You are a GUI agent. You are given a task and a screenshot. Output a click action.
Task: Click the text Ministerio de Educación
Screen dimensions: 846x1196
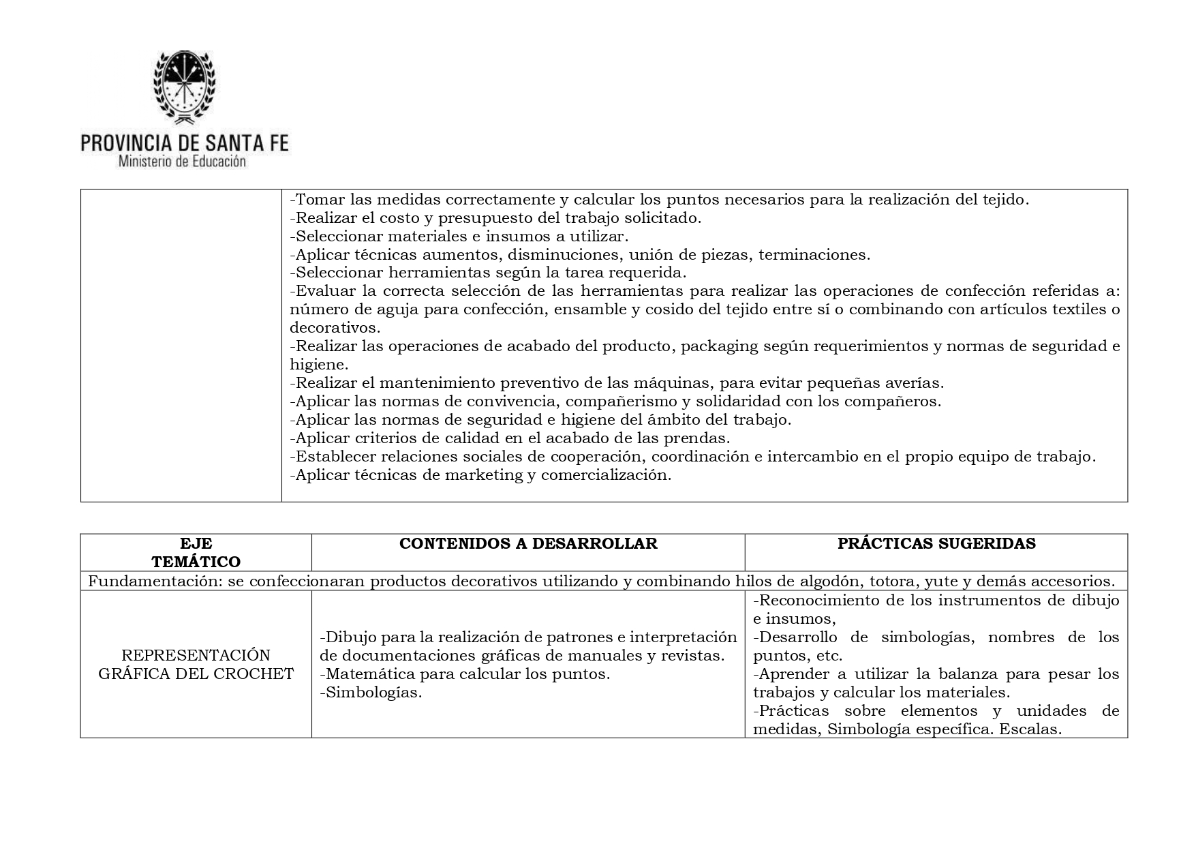click(182, 162)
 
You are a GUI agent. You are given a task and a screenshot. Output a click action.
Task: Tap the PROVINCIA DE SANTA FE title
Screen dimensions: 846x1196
click(185, 142)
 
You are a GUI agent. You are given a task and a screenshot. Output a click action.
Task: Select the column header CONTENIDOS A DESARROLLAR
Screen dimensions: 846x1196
click(528, 543)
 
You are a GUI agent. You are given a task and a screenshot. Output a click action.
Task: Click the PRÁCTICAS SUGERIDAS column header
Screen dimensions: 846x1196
click(936, 543)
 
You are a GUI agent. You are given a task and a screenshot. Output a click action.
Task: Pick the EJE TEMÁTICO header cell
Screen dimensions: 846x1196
click(196, 553)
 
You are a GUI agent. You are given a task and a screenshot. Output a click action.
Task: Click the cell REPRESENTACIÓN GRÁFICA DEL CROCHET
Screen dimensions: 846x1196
click(196, 665)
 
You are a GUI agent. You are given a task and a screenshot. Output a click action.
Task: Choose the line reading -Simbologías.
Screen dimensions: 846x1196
click(371, 693)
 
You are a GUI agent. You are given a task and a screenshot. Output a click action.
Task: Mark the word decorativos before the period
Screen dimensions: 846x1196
click(332, 328)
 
